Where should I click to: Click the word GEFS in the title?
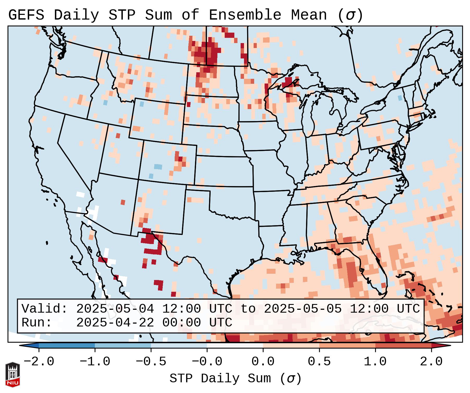click(26, 15)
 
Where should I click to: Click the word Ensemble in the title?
click(245, 15)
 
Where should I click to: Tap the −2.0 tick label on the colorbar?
click(39, 362)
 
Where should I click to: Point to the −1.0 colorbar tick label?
click(95, 362)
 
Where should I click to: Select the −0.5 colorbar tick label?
click(151, 362)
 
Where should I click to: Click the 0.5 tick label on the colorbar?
click(319, 362)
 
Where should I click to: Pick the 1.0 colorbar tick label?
click(375, 362)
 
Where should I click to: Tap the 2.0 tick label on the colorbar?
click(431, 362)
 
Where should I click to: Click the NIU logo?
click(13, 374)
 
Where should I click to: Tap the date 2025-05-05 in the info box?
click(303, 309)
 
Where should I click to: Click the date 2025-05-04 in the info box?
click(115, 309)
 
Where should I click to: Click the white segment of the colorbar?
click(235, 346)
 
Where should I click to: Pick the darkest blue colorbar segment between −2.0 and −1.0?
click(67, 346)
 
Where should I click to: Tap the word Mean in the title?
click(309, 15)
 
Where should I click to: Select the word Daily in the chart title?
click(76, 15)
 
